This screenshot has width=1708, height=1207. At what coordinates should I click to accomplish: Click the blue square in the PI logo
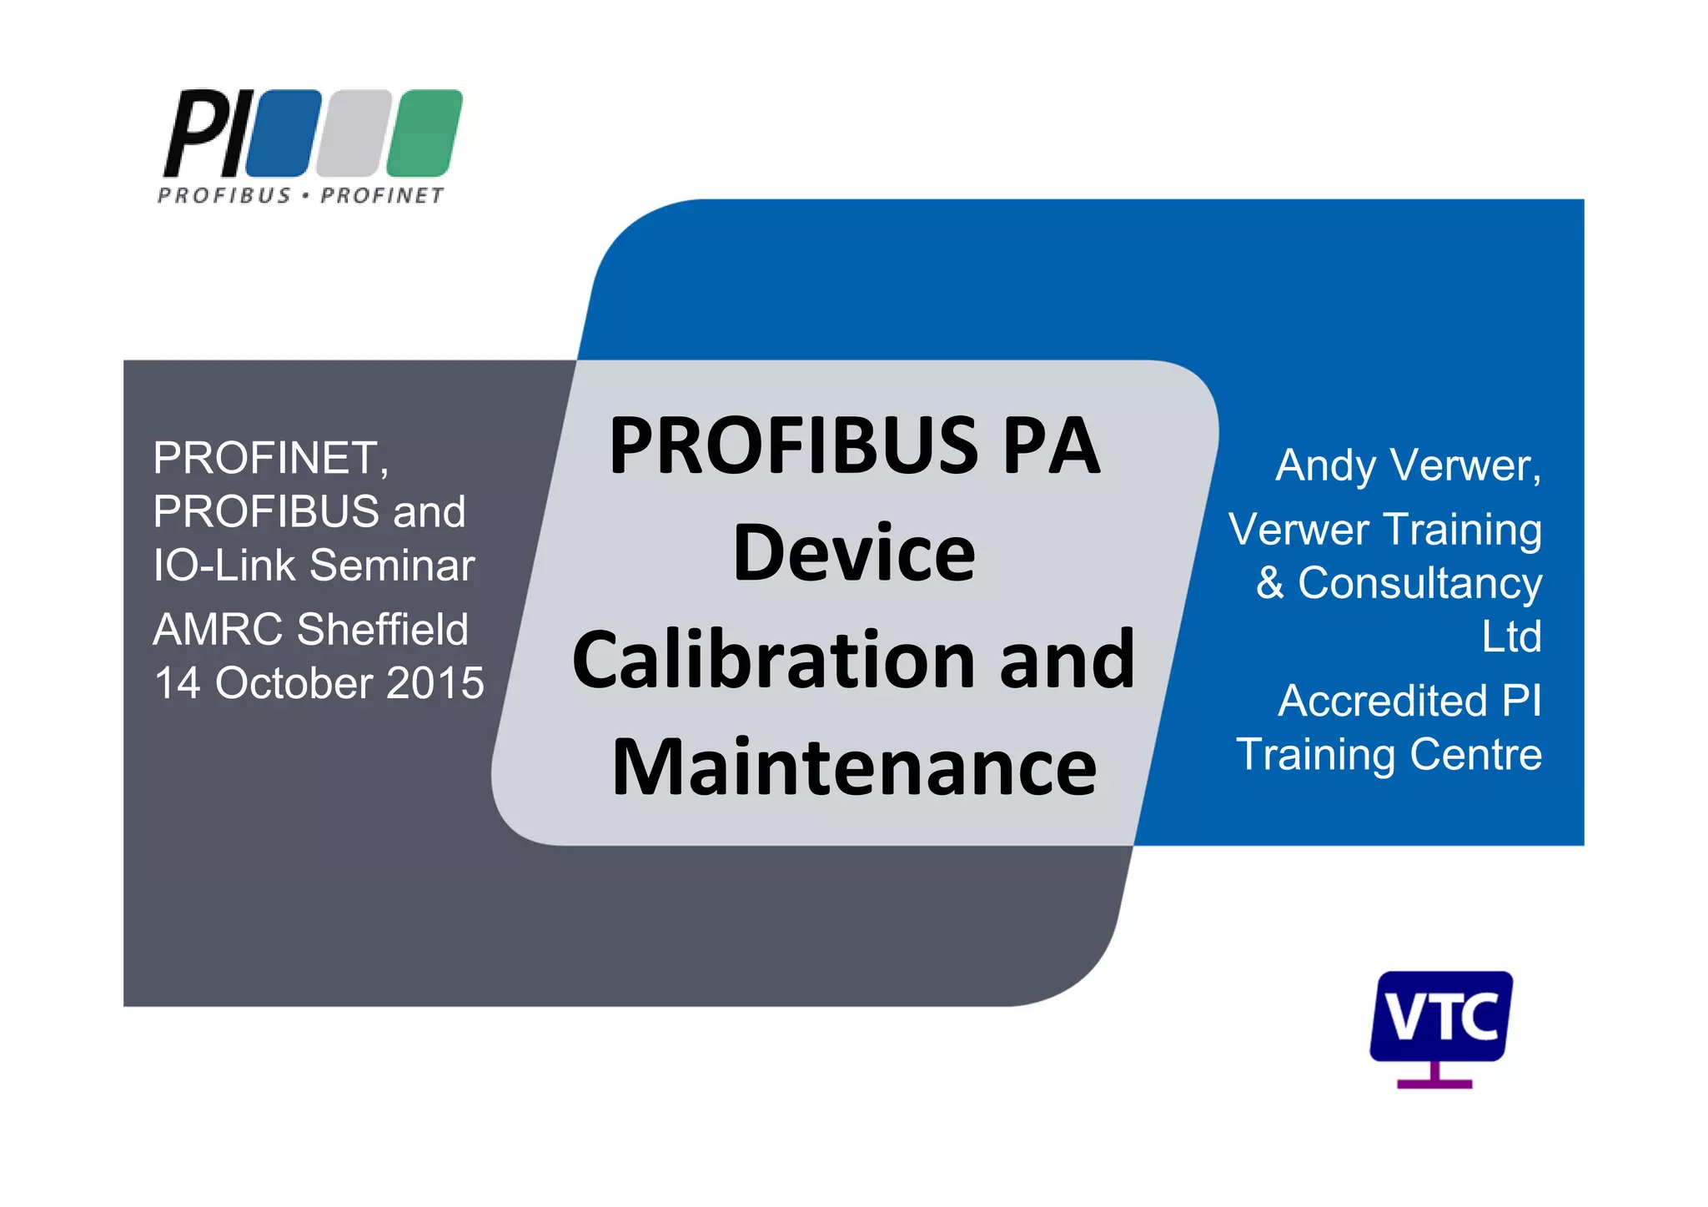[x=283, y=133]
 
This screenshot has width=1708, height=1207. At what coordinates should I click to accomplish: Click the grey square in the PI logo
[x=354, y=133]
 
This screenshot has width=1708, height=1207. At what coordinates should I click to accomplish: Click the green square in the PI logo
[x=424, y=133]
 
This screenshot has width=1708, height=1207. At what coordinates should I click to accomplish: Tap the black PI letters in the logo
[x=204, y=133]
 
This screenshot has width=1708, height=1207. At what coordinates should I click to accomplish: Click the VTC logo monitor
[x=1440, y=1016]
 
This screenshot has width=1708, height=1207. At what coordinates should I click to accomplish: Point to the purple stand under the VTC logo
[x=1434, y=1078]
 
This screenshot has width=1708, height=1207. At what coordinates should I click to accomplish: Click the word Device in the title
[x=854, y=553]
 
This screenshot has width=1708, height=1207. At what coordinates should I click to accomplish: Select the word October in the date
[x=294, y=683]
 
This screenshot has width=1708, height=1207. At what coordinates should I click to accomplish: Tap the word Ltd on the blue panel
[x=1511, y=636]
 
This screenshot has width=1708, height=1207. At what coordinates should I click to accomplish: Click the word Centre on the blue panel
[x=1475, y=754]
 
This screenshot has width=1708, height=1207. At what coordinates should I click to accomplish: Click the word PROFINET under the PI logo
[x=382, y=195]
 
